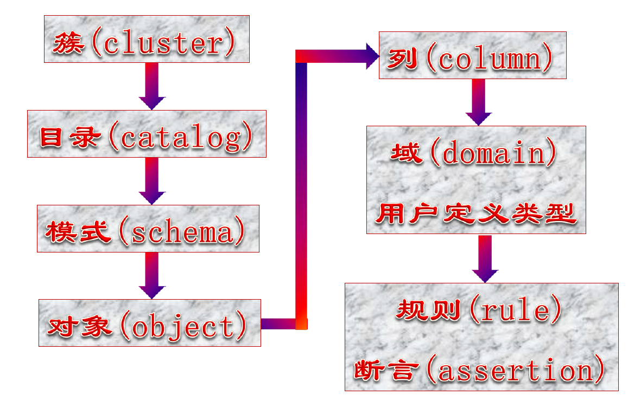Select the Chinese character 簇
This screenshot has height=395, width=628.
(69, 43)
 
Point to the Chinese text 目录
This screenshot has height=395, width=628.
(69, 137)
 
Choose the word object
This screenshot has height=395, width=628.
(183, 327)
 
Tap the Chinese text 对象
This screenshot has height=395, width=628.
(79, 326)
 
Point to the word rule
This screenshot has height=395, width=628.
(515, 309)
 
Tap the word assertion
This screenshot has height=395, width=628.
(515, 370)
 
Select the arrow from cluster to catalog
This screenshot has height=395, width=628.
(152, 86)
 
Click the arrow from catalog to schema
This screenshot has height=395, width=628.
(152, 181)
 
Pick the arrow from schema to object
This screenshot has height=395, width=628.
(152, 275)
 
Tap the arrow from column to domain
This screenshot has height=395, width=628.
(479, 102)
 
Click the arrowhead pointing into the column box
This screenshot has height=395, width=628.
(372, 56)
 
